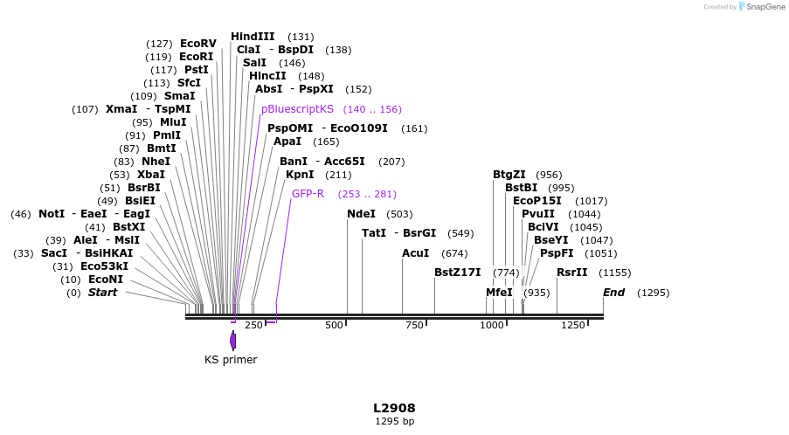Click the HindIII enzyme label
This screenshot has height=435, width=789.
point(253,37)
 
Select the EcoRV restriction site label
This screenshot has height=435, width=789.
point(197,44)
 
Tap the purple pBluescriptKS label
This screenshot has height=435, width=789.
point(297,109)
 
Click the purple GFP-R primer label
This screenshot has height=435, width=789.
point(308,194)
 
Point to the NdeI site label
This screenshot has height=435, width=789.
point(361,214)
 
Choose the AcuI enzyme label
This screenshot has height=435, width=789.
point(415,253)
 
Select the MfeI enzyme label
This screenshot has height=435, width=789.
point(499,293)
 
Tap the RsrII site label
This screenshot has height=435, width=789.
point(571,273)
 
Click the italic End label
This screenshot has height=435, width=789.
point(613,293)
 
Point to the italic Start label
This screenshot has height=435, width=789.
point(102,293)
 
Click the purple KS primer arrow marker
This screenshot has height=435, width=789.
point(232,340)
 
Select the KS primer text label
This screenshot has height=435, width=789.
point(231,360)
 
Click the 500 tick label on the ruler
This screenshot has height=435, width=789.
point(335,325)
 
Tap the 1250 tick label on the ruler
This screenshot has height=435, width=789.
point(573,325)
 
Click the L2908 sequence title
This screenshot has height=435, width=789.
point(394,408)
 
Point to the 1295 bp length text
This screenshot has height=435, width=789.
point(394,421)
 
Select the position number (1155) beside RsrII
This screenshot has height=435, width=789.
point(614,273)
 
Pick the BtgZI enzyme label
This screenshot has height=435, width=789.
point(509,175)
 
